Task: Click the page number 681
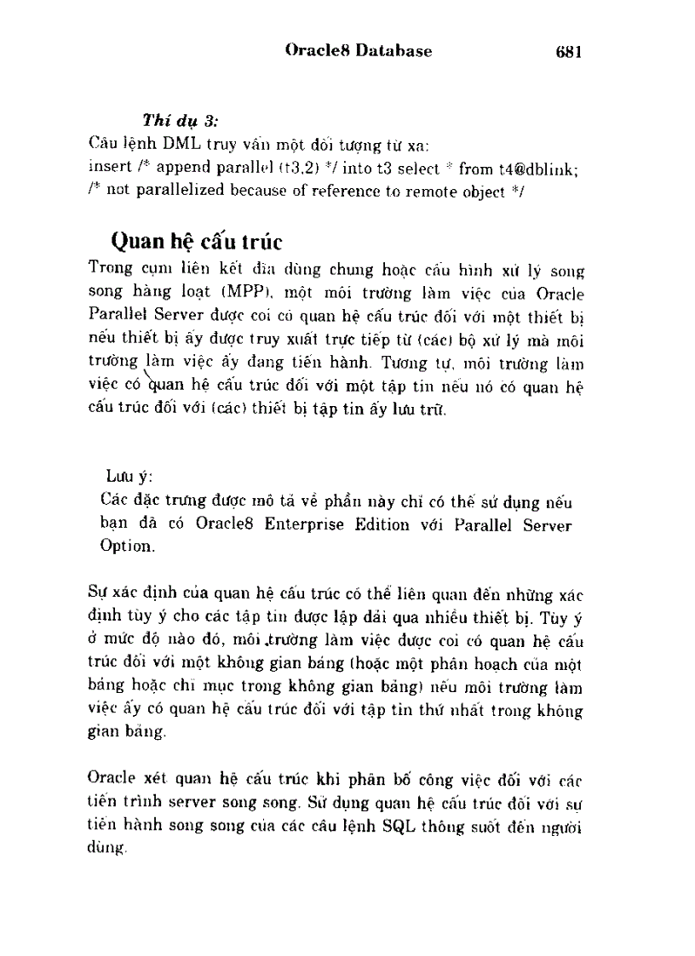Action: tap(567, 52)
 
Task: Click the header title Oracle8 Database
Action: tap(359, 51)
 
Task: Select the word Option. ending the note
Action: tap(125, 546)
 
